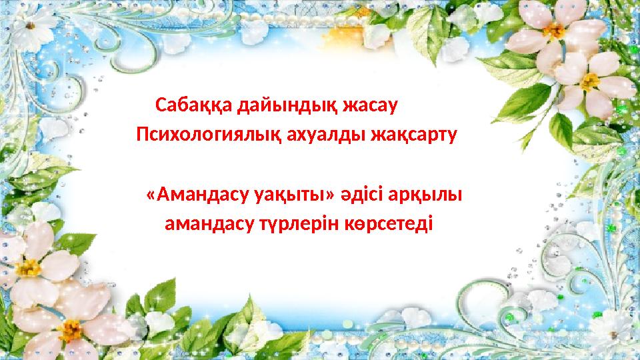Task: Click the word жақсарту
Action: pos(413,135)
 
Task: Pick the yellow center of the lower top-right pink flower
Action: pos(589,81)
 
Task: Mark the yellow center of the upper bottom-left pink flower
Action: pos(28,268)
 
